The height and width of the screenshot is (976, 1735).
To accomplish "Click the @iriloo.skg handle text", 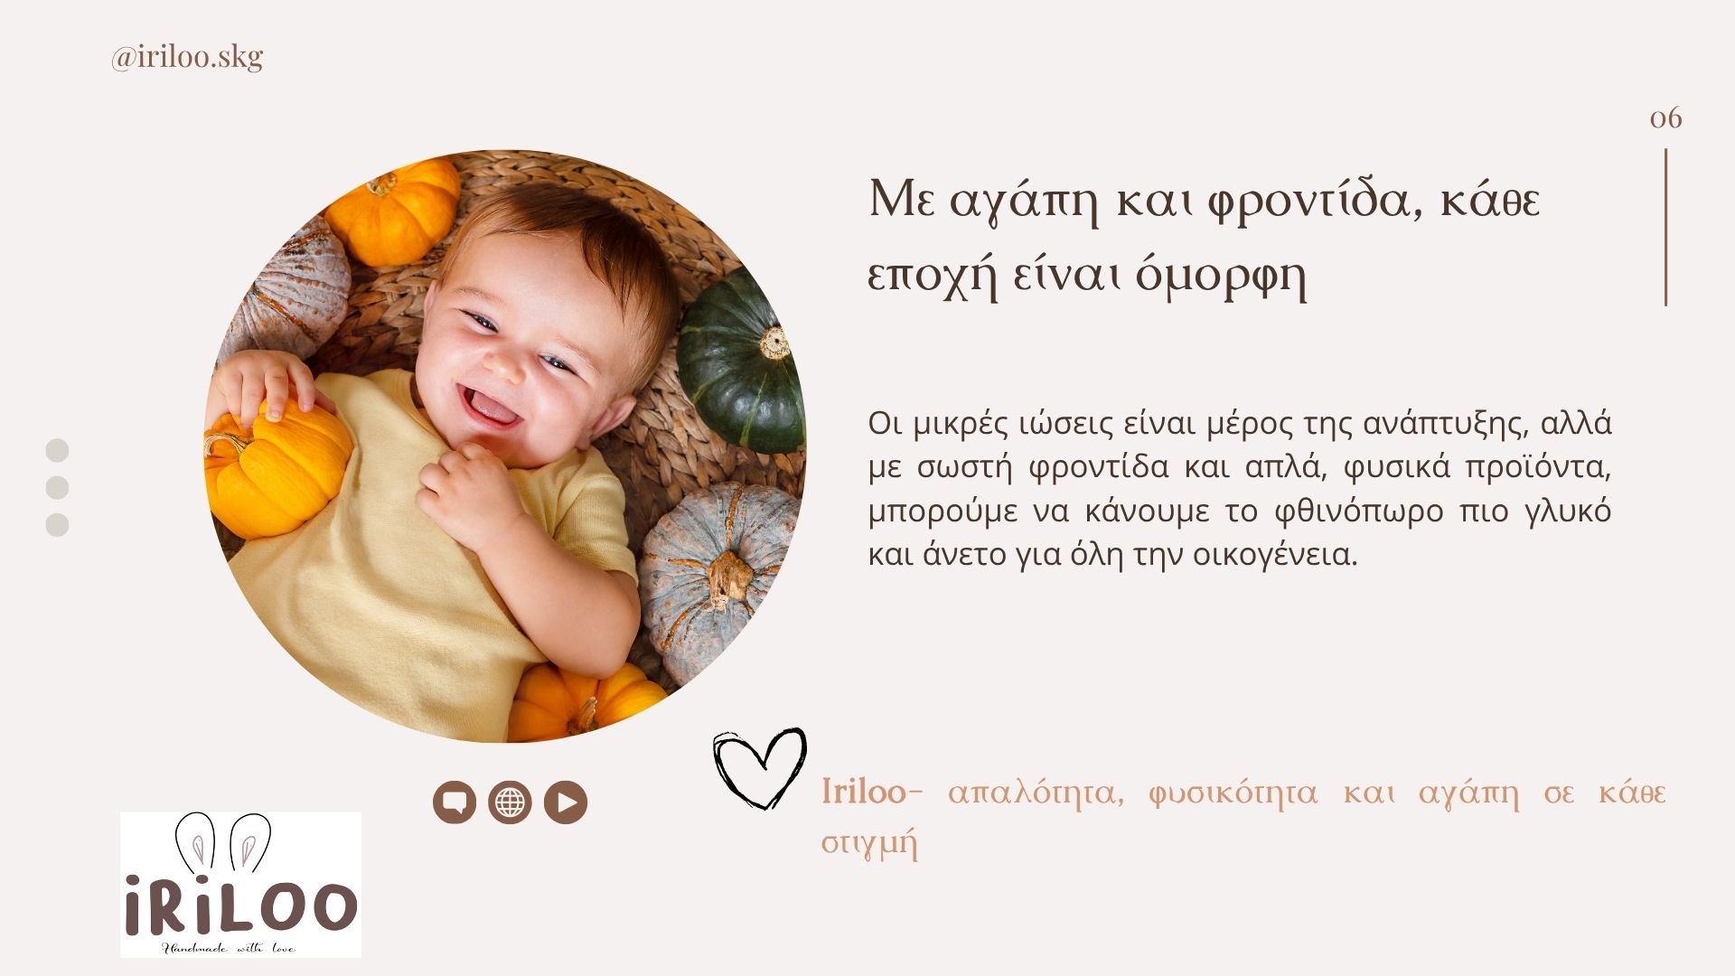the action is pos(187,57).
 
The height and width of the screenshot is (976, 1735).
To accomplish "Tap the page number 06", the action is pos(1665,118).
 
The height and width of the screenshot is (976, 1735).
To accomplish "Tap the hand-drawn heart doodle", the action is pos(759,768).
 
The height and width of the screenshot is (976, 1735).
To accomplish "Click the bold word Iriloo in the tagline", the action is pos(863,792).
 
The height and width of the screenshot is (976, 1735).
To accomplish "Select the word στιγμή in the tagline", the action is pos(869,844).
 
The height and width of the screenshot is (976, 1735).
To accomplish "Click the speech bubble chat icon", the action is pos(455,802).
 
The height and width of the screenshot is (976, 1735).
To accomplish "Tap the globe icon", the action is pos(510,802).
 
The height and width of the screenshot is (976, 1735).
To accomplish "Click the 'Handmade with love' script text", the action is pos(228,948).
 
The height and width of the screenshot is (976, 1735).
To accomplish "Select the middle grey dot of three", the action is pos(57,488).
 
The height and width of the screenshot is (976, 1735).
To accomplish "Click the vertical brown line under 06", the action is pos(1665,227).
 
